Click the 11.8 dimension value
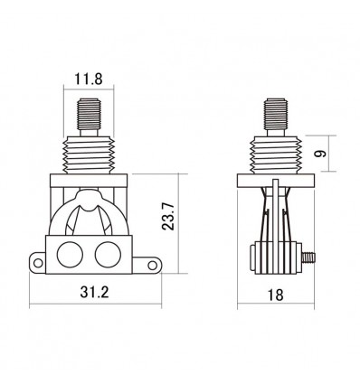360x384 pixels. point(89,79)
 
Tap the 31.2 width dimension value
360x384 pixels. point(94,292)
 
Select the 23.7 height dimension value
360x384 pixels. point(168,216)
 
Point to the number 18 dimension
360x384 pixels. point(275,295)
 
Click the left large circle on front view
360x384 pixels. point(70,255)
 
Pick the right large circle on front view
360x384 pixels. point(108,255)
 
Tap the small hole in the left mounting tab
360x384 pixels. point(38,263)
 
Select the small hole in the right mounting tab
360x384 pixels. point(152,266)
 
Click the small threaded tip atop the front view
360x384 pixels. point(89,115)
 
